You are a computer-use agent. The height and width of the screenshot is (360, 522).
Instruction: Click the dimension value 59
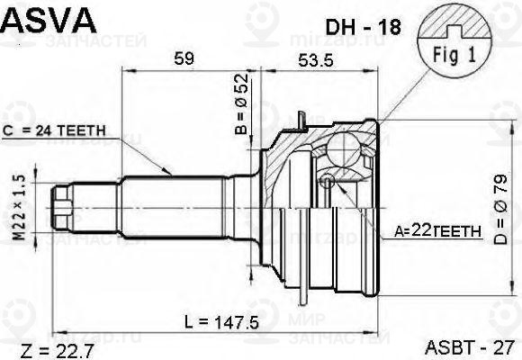point(184,60)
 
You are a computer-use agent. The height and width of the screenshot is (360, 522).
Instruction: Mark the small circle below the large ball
point(327,184)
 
